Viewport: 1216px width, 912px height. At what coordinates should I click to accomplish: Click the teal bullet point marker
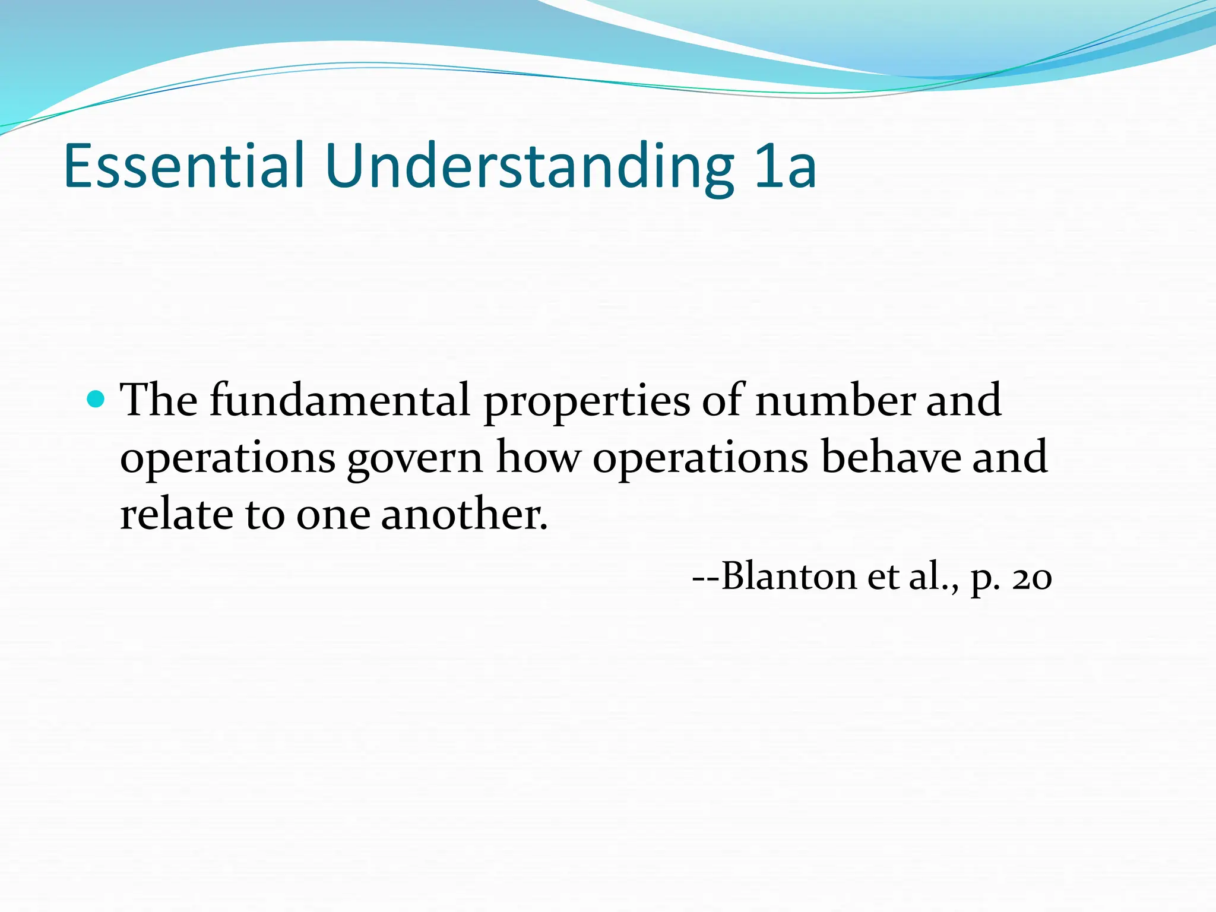pyautogui.click(x=95, y=399)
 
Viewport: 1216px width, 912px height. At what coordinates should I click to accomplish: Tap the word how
pyautogui.click(x=538, y=457)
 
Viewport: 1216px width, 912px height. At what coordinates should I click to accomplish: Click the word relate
pyautogui.click(x=176, y=514)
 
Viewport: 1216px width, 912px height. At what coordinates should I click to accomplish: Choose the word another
pyautogui.click(x=463, y=514)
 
